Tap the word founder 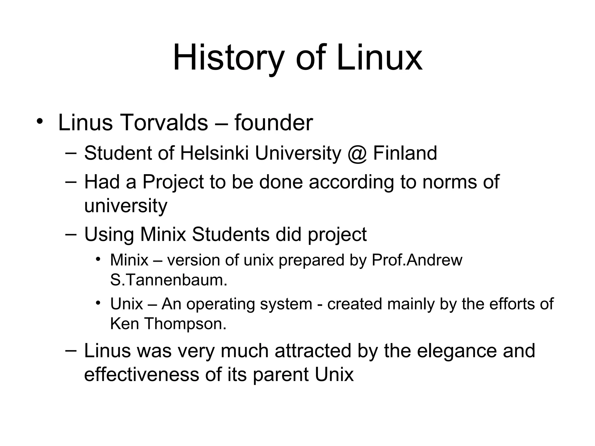(273, 123)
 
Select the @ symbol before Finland (357, 153)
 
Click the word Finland (405, 153)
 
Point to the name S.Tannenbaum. (169, 280)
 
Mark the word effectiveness (141, 374)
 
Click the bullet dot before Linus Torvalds (40, 122)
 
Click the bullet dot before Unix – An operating (98, 303)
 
